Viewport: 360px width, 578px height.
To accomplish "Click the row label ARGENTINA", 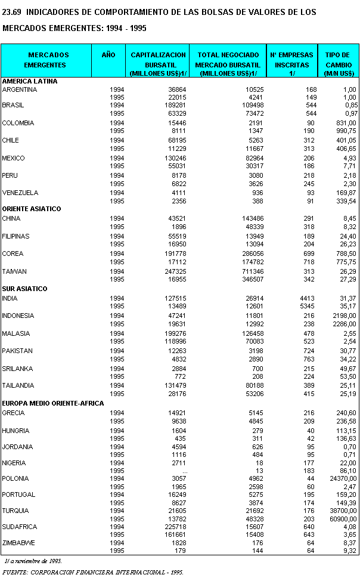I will [20, 89].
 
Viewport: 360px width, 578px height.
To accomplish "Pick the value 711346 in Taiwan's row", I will [247, 271].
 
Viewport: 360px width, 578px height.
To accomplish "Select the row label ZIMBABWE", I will [18, 543].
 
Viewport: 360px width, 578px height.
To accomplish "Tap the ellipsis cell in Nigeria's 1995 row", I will [185, 471].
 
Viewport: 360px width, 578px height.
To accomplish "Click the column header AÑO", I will [108, 55].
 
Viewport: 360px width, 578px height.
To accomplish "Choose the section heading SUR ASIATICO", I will [24, 289].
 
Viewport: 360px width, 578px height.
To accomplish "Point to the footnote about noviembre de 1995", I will [32, 561].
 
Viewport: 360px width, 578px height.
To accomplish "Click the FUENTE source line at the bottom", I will [92, 572].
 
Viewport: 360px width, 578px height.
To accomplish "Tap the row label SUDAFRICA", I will [20, 527].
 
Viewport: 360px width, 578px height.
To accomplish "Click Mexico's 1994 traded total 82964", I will [248, 158].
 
